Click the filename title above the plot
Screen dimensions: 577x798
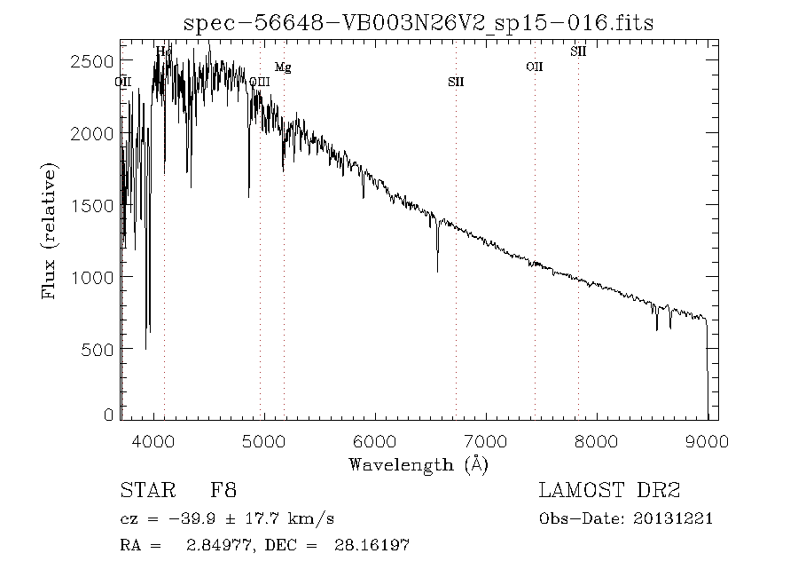point(418,23)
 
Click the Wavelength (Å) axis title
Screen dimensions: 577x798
point(419,464)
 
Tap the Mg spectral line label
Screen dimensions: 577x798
point(282,67)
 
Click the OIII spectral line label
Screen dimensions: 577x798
point(260,83)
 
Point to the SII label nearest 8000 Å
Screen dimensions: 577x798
point(578,51)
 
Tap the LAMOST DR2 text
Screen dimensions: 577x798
point(610,490)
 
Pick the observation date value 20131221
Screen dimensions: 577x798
point(674,519)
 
